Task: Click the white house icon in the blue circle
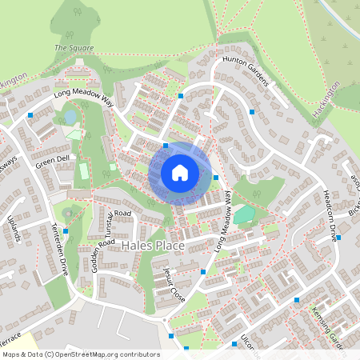180,173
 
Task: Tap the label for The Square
74,48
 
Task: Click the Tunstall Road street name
110,214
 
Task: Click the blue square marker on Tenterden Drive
66,231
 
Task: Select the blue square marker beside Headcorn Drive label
339,238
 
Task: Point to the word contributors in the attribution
139,354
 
